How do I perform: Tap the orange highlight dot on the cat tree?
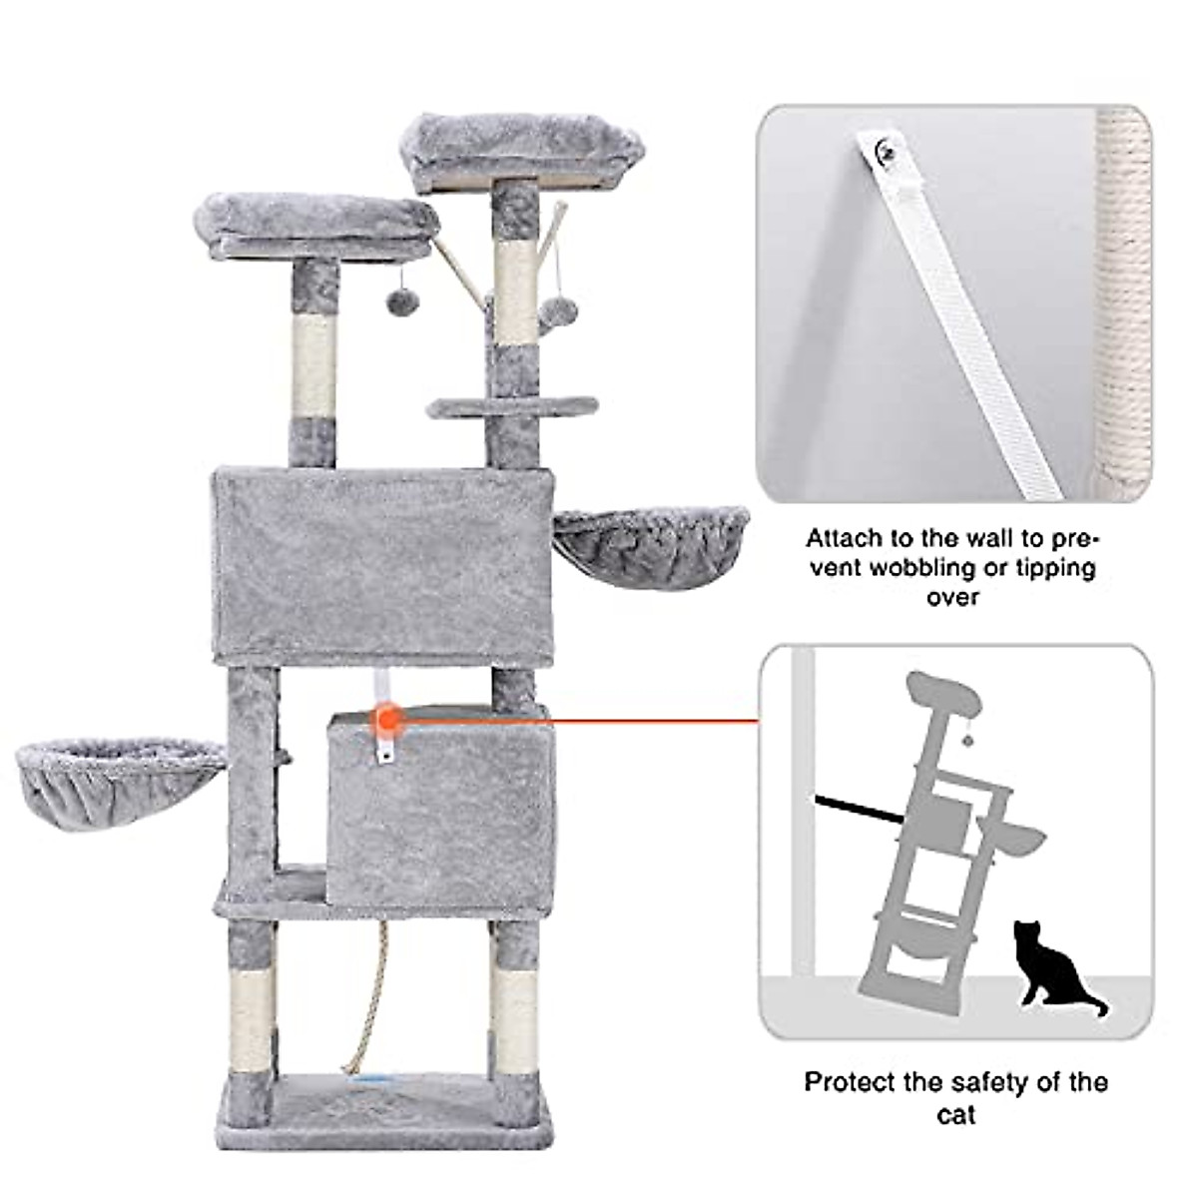(x=387, y=718)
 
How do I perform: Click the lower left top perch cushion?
(x=314, y=225)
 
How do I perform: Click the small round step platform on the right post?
(x=512, y=406)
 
